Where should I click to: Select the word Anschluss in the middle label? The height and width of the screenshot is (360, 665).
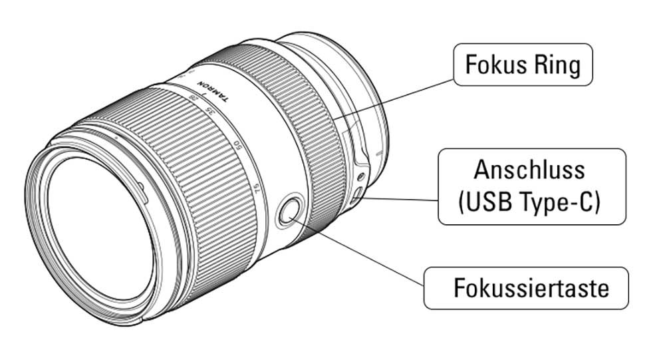(530, 170)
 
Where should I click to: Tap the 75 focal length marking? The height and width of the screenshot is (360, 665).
(257, 191)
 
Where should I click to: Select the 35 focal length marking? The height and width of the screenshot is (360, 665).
(211, 112)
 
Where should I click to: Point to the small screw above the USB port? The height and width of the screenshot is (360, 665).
(360, 177)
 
